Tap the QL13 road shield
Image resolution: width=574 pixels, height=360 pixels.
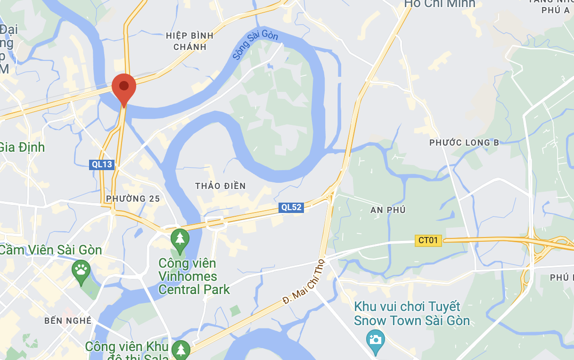coord(102,164)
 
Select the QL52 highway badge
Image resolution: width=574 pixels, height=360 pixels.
coord(291,207)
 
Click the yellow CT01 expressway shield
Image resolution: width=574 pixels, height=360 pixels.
coord(428,240)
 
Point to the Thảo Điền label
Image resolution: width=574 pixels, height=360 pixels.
coord(221,186)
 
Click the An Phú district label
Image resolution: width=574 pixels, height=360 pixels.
coord(388,210)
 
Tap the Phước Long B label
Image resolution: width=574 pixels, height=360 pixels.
coord(464,142)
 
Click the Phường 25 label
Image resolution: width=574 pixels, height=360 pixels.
coord(133,198)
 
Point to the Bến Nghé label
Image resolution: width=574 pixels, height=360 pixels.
coord(68,320)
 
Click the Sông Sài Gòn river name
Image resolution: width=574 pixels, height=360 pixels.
coord(255,45)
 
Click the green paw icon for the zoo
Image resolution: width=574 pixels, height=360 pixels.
coord(81,270)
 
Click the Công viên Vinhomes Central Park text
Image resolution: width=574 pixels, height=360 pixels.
coord(194,276)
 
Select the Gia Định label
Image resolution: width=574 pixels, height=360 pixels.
coord(22,147)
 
